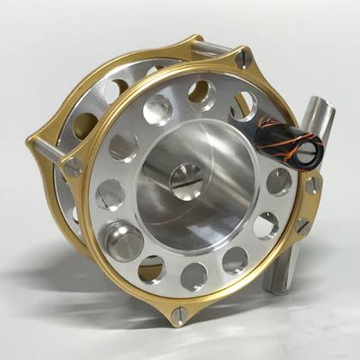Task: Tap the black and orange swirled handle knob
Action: (290, 141)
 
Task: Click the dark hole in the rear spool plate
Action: (86, 125)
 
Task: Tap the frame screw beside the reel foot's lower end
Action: (302, 227)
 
